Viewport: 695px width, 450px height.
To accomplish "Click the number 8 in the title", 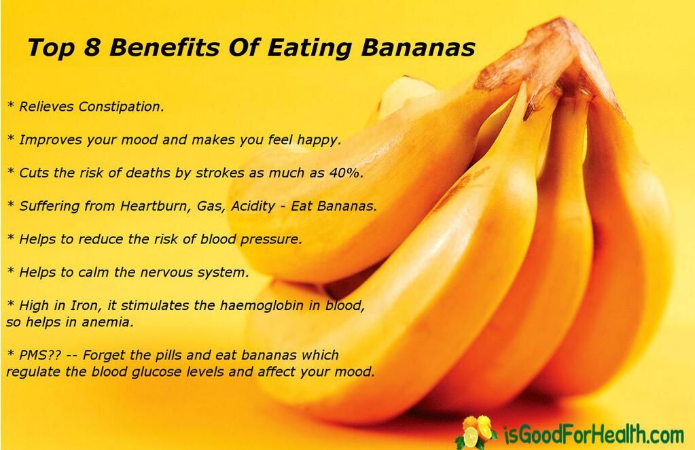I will pos(96,48).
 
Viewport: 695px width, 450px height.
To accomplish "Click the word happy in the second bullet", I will pos(319,140).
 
